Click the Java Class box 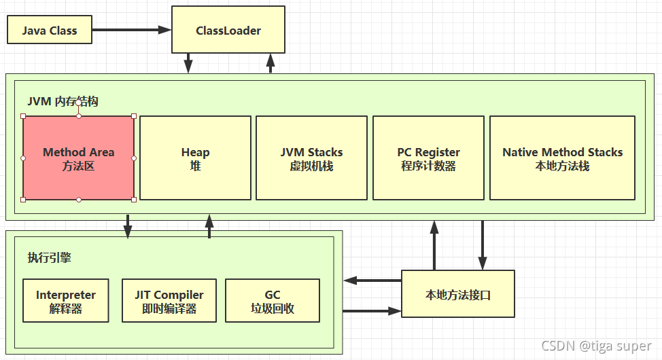click(50, 31)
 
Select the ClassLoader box click(228, 31)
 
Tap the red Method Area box click(79, 158)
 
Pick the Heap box click(195, 158)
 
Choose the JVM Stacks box click(311, 158)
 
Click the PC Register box click(428, 158)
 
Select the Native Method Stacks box click(562, 158)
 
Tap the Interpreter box click(66, 301)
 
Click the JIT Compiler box click(169, 301)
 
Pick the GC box click(273, 301)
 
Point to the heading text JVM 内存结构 click(63, 101)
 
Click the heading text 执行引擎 click(49, 257)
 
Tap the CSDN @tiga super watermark click(596, 346)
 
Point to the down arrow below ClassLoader click(188, 63)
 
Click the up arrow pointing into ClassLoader click(270, 63)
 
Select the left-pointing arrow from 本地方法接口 click(372, 280)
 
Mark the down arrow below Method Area click(127, 227)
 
